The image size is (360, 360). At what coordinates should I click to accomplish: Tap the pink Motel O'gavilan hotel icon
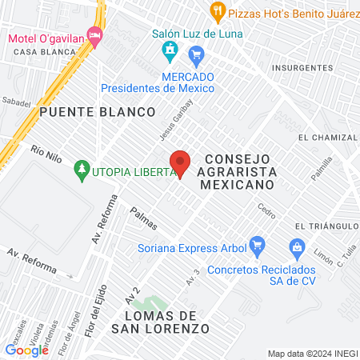pyautogui.click(x=95, y=36)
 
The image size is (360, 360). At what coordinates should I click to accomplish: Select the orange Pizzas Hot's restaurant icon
pyautogui.click(x=217, y=11)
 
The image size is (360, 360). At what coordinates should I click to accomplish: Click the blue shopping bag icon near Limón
pyautogui.click(x=297, y=247)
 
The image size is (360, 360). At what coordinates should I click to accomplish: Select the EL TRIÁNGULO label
pyautogui.click(x=323, y=226)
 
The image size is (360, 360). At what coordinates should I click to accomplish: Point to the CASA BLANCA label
pyautogui.click(x=44, y=52)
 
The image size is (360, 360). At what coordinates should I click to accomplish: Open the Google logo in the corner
pyautogui.click(x=26, y=350)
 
